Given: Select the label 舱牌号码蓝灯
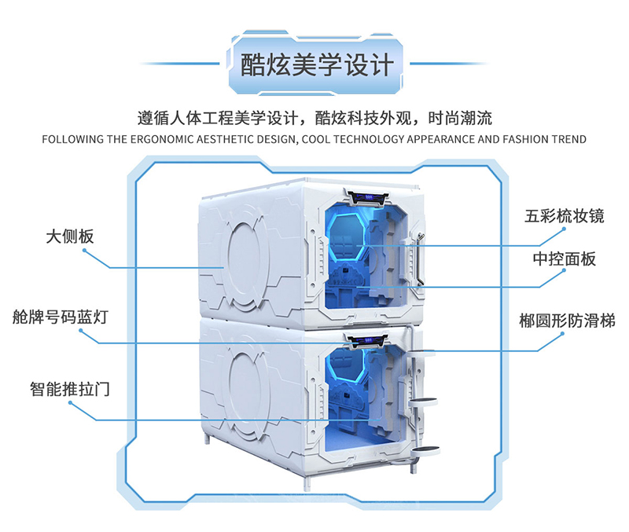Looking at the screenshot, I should (61, 317).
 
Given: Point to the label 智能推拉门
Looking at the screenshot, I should (68, 388).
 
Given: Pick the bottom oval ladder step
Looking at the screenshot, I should (425, 449).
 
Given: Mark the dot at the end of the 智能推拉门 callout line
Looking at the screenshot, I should (70, 403).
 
